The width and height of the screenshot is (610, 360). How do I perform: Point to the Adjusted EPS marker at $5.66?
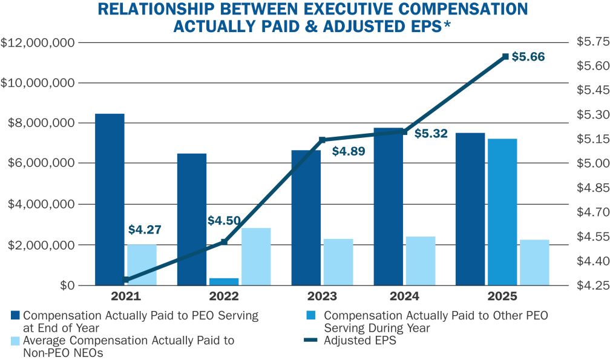click(505, 57)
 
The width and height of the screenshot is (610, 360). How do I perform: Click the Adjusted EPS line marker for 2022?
click(224, 242)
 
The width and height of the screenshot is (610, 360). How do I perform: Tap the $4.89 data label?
click(349, 151)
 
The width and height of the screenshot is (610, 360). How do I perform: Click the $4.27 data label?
click(145, 230)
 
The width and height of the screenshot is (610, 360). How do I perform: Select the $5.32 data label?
click(431, 134)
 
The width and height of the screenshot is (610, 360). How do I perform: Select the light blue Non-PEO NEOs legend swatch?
click(15, 341)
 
